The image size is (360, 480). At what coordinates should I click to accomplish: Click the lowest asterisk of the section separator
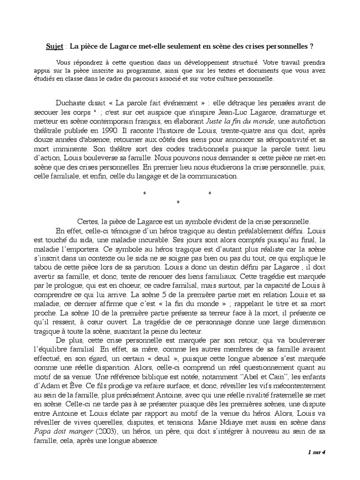[x=178, y=202]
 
